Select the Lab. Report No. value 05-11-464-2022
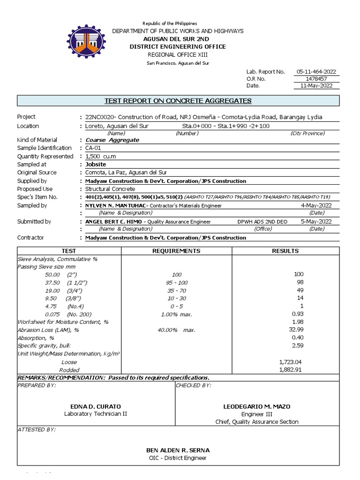click(x=316, y=72)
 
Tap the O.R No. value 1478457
click(x=316, y=79)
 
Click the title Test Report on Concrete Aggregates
click(x=178, y=101)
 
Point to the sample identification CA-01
click(x=93, y=148)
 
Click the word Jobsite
click(x=96, y=165)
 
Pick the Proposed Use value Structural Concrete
click(x=110, y=189)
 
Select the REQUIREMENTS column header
click(x=176, y=251)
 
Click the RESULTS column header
click(x=285, y=251)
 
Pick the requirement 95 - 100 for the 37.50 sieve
click(x=176, y=282)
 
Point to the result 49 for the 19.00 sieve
click(x=300, y=290)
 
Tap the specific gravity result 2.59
click(x=298, y=346)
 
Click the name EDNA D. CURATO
click(x=95, y=406)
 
